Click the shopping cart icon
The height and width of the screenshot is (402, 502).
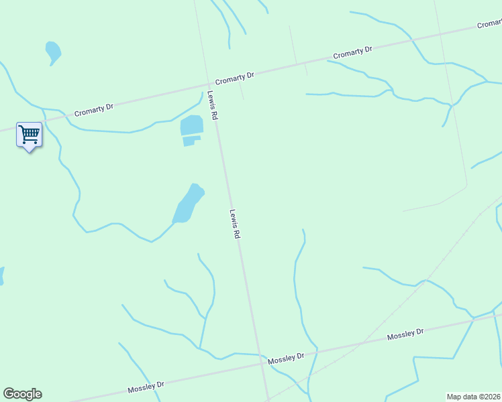pos(29,135)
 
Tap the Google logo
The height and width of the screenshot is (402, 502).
pos(22,394)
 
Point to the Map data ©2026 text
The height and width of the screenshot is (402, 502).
pos(474,397)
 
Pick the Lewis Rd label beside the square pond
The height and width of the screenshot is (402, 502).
pos(213,106)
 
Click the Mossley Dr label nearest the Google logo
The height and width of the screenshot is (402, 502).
pos(146,387)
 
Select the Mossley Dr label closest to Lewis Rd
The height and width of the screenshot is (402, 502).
pos(287,359)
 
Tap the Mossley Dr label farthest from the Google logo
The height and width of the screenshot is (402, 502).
pos(405,334)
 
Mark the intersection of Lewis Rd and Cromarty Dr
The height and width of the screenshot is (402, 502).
pos(208,84)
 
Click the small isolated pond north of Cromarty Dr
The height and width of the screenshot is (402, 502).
pos(52,51)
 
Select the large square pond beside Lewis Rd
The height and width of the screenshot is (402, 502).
pos(191,125)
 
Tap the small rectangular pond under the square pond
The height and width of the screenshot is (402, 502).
pos(191,141)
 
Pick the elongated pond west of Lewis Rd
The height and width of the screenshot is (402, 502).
pos(188,204)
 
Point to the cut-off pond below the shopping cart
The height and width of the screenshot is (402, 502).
pos(1,275)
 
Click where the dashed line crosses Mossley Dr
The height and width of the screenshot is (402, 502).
pos(365,342)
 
